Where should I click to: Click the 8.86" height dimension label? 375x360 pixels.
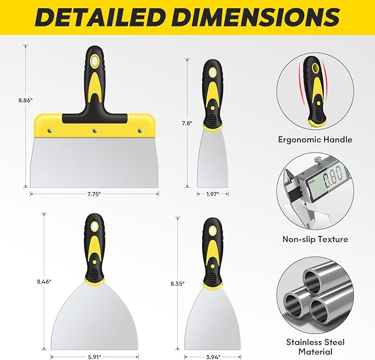click(25, 100)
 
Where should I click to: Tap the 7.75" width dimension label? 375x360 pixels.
click(94, 194)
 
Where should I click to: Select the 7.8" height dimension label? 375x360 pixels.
click(187, 123)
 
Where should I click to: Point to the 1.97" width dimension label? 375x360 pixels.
click(213, 194)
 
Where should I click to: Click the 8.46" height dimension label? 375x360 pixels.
click(44, 281)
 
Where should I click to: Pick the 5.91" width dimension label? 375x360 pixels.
click(94, 357)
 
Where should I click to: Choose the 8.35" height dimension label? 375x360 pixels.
click(177, 284)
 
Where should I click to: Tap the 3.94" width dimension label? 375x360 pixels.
click(213, 357)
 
